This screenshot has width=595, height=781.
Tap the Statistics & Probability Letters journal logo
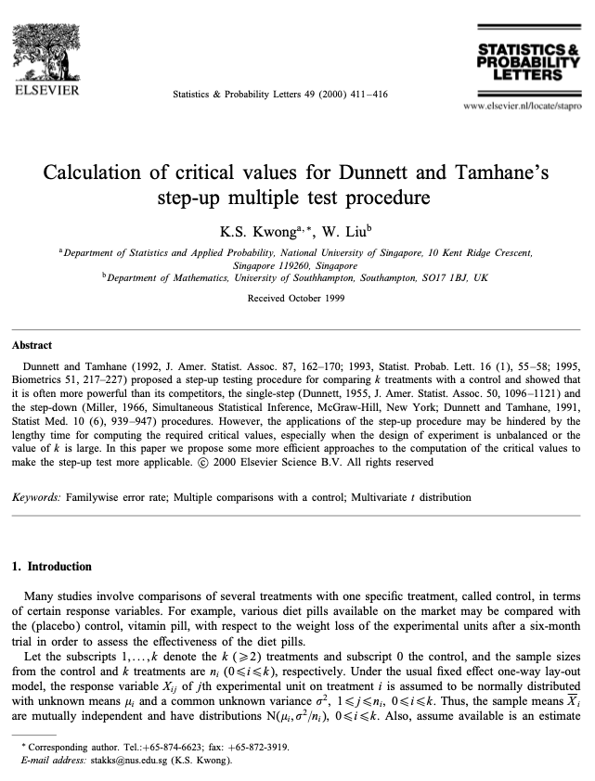point(526,60)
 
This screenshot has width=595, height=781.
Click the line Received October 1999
point(296,299)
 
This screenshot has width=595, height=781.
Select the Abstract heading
point(32,345)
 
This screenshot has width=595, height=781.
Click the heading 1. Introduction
point(51,566)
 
